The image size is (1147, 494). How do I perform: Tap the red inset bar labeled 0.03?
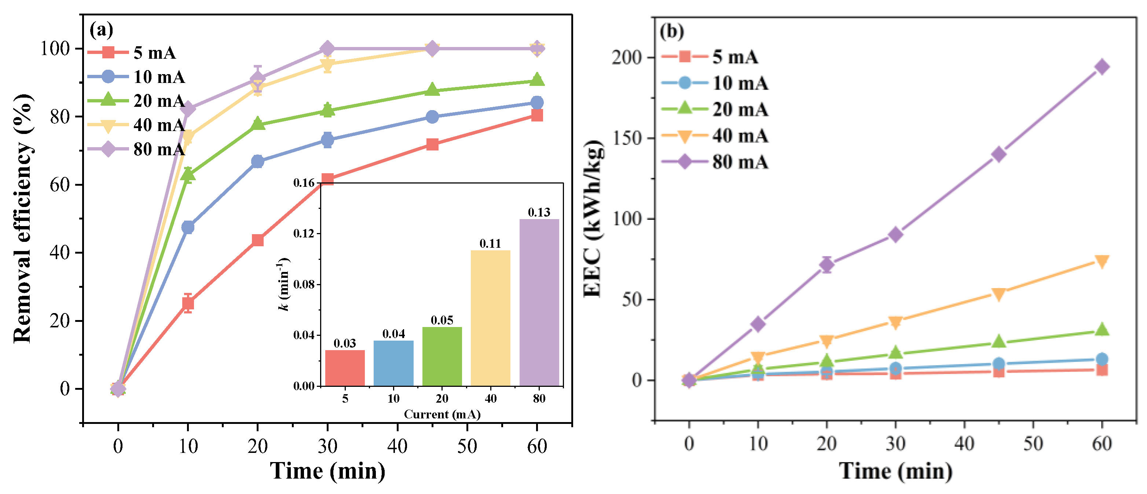[345, 368]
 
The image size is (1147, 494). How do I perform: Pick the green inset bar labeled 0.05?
[442, 356]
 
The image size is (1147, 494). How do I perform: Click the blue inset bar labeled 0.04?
[393, 363]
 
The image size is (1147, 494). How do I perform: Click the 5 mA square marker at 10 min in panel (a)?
[188, 304]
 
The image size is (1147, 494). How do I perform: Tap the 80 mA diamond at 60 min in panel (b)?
[1102, 67]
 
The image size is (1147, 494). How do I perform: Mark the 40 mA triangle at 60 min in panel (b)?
[1102, 261]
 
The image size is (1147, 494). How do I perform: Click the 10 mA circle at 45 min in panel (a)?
[432, 117]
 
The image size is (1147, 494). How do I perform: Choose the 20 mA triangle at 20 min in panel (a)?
[257, 124]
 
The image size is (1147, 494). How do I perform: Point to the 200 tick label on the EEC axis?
[626, 58]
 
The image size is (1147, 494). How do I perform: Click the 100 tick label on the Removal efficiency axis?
[56, 48]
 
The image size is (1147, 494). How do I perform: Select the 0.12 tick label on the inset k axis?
[304, 234]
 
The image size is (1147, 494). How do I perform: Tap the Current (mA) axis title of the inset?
[442, 414]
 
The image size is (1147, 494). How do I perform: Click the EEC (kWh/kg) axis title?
[593, 218]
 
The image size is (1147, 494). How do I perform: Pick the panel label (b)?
[671, 32]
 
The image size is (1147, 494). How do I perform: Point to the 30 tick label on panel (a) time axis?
[327, 446]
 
